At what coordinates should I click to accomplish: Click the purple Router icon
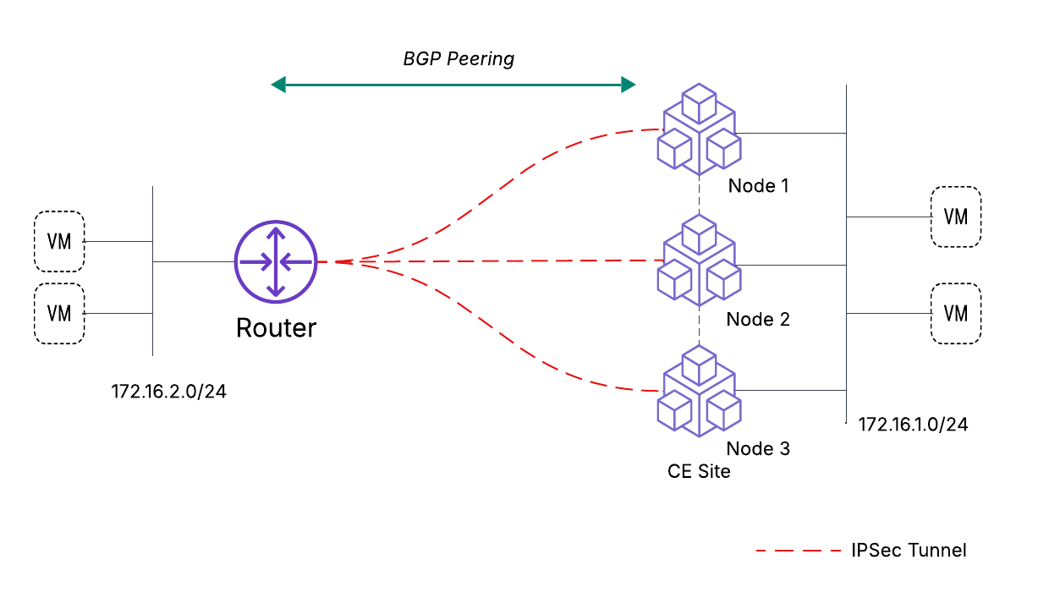coord(276,262)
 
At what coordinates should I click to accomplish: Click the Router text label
coord(276,327)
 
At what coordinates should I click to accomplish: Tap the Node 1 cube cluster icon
coord(699,129)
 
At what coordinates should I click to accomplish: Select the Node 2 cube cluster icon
coord(699,260)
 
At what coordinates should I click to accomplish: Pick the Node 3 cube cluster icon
coord(699,391)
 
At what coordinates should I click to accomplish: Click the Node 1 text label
coord(758,185)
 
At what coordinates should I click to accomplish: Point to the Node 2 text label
coord(758,319)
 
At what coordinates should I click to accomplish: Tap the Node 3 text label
coord(758,448)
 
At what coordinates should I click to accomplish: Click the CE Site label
coord(699,472)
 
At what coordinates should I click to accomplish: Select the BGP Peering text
coord(458,59)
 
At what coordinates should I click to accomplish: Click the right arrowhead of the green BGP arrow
coord(628,84)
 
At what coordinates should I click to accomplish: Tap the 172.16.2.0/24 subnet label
coord(169,392)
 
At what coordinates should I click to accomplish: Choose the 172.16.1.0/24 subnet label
coord(913,425)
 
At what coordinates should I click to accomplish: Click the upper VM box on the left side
coord(59,241)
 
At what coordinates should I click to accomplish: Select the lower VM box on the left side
coord(59,313)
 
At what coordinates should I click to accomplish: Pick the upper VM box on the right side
coord(955,217)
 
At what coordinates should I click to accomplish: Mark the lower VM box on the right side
coord(955,313)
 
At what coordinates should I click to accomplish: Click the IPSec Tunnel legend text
coord(909,551)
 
